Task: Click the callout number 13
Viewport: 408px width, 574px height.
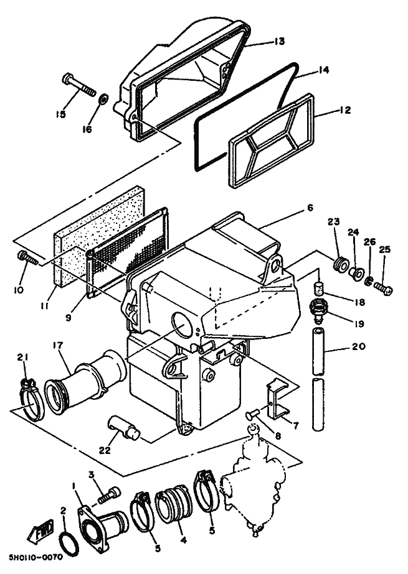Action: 279,42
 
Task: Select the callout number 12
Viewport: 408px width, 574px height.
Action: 344,110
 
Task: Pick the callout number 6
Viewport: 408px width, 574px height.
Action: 310,208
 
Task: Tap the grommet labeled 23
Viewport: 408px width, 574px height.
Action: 340,265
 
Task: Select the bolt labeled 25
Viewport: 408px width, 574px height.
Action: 384,290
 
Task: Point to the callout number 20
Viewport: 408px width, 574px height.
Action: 358,346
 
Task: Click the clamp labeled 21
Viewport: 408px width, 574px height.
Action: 32,400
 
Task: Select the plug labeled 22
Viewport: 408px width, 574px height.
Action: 123,427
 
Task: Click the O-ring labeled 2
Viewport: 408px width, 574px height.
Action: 69,545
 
